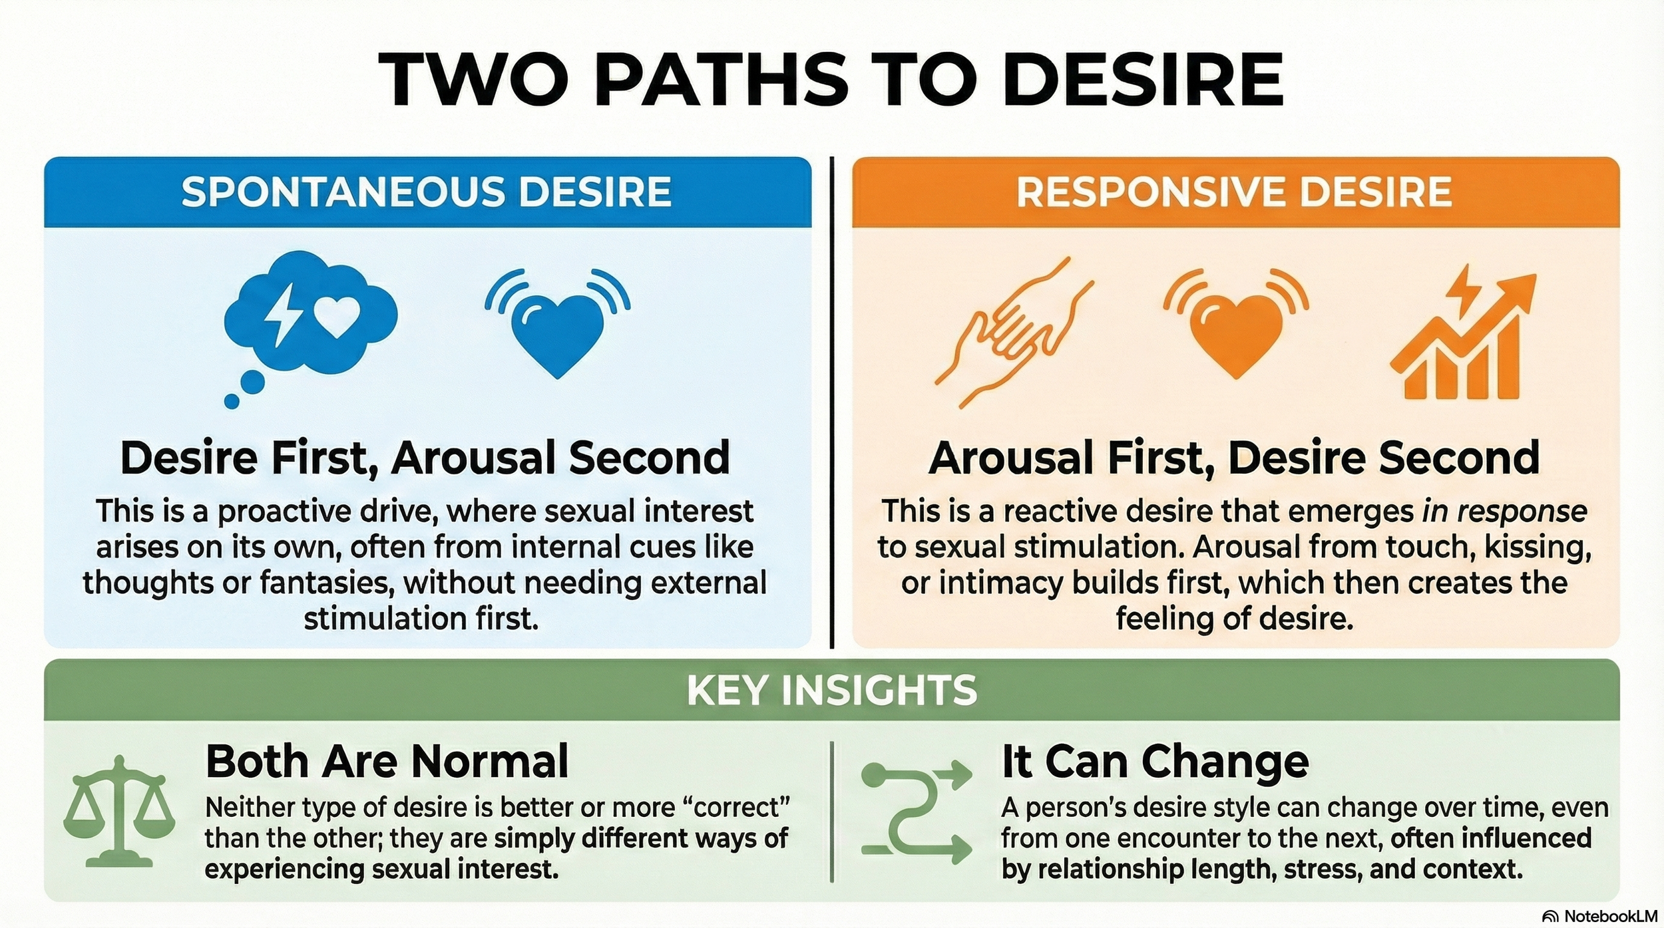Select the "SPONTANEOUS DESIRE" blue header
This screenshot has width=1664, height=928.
pos(427,192)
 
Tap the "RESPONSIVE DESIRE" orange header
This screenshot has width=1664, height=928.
pos(1234,192)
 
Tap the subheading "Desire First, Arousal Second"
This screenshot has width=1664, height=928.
pos(425,458)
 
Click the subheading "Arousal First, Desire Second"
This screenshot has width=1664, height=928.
pos(1234,458)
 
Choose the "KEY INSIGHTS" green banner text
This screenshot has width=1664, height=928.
pos(831,690)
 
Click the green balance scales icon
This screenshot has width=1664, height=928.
pos(119,812)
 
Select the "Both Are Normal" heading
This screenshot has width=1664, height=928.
pos(387,761)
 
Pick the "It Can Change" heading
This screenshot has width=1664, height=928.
pos(1155,761)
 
